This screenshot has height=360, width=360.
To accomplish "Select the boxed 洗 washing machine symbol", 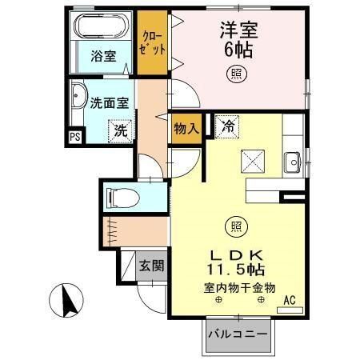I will [120, 130].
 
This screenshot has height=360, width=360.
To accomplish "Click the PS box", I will [74, 137].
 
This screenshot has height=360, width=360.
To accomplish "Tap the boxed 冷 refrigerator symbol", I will [227, 125].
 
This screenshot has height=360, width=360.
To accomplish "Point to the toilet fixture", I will [123, 195].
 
